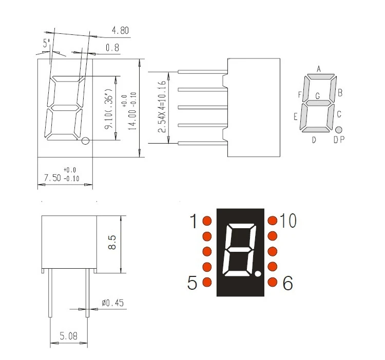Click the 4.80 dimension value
click(x=120, y=30)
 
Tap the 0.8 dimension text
click(x=112, y=47)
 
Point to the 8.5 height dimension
click(x=112, y=242)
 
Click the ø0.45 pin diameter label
click(x=113, y=303)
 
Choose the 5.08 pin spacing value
click(x=68, y=336)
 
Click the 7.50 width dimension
click(x=52, y=177)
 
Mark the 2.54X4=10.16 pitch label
click(x=162, y=107)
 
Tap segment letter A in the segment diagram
click(x=319, y=69)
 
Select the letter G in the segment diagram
click(x=318, y=96)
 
